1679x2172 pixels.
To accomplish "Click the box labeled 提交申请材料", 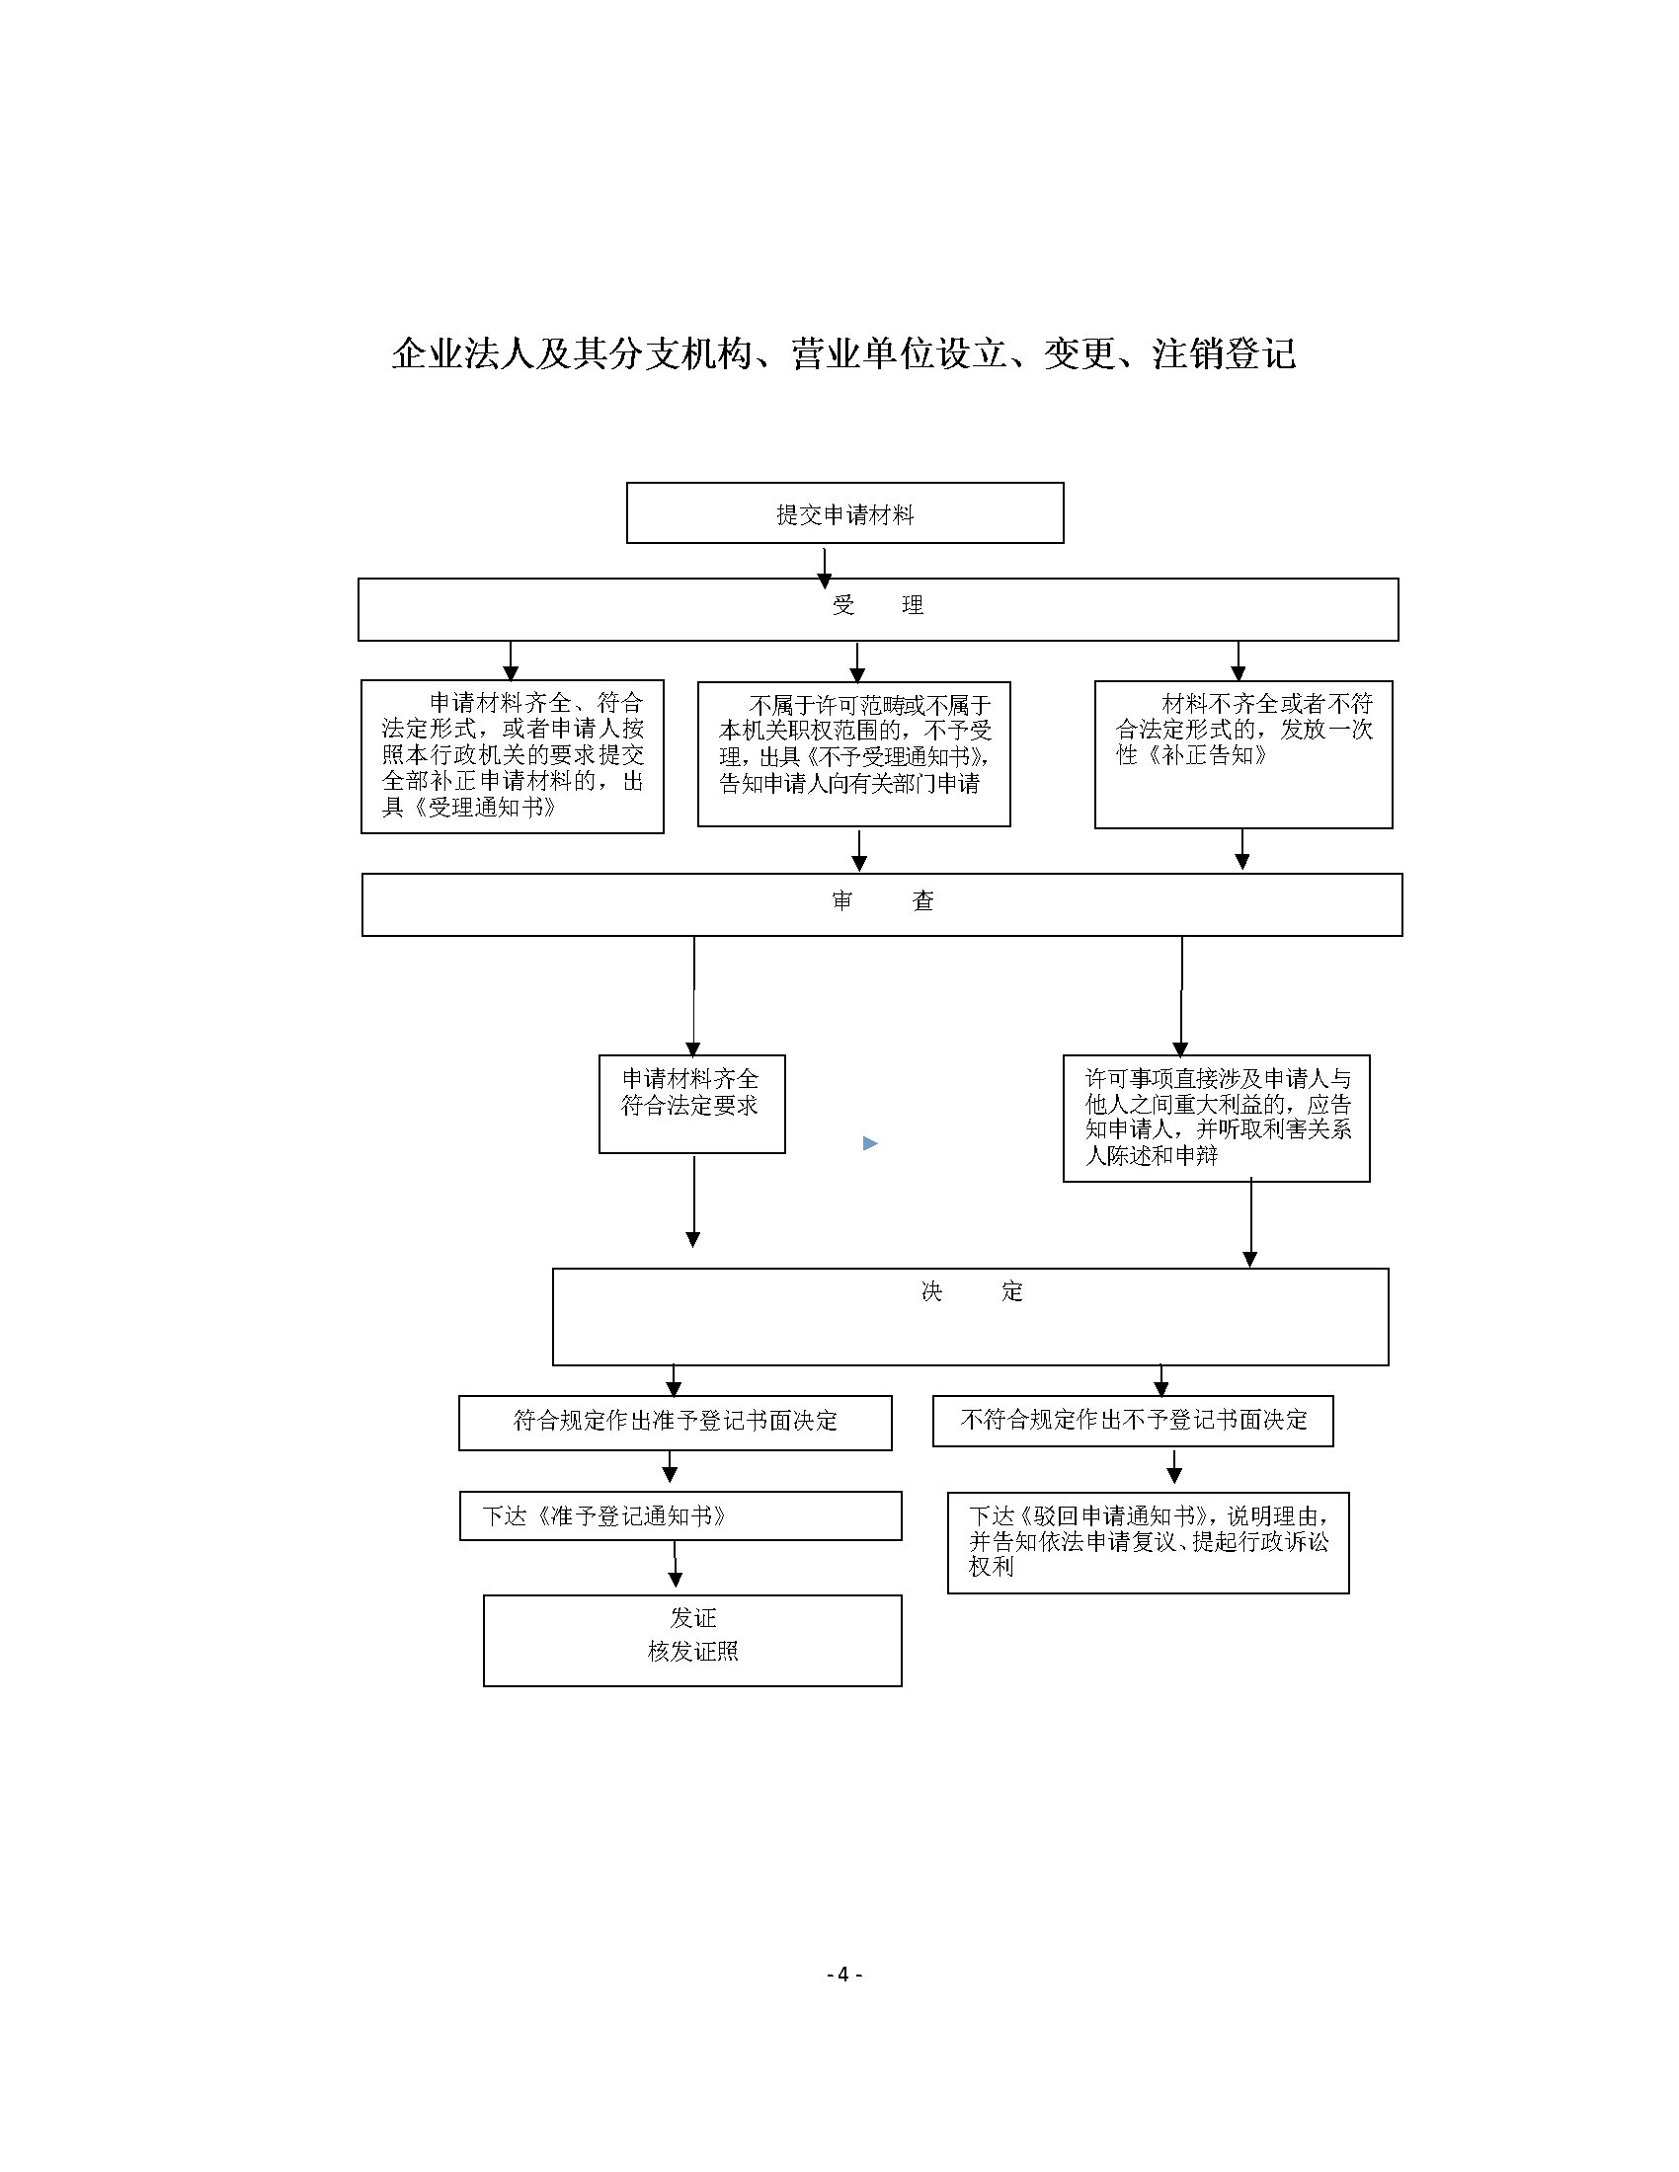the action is click(844, 513).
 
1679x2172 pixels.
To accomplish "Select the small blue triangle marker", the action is click(870, 1143).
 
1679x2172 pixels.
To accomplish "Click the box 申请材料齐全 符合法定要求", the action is click(691, 1104).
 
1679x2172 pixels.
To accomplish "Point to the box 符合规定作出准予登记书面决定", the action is click(676, 1422).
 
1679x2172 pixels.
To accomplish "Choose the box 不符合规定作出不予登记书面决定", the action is click(1133, 1420).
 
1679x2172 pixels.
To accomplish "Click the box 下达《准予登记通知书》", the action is click(680, 1515).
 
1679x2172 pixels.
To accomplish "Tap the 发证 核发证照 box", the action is click(692, 1641).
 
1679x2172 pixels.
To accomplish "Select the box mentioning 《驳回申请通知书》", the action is click(1148, 1542).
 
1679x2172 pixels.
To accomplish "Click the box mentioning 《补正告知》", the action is click(1243, 755).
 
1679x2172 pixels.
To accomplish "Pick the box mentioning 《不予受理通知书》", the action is click(853, 754).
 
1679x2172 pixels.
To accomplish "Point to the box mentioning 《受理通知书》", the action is click(513, 757).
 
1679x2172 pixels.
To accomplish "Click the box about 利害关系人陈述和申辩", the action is click(1217, 1118).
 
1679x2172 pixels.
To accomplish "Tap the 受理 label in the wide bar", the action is click(878, 604).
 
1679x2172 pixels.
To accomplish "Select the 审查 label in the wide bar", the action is click(883, 901).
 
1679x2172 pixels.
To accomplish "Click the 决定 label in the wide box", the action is click(972, 1291).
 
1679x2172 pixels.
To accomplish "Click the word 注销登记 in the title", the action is click(1225, 354).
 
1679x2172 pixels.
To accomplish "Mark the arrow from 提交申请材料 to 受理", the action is click(825, 567).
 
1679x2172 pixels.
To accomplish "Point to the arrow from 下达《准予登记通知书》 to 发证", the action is click(676, 1565).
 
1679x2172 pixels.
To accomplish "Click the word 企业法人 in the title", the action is click(463, 354).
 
